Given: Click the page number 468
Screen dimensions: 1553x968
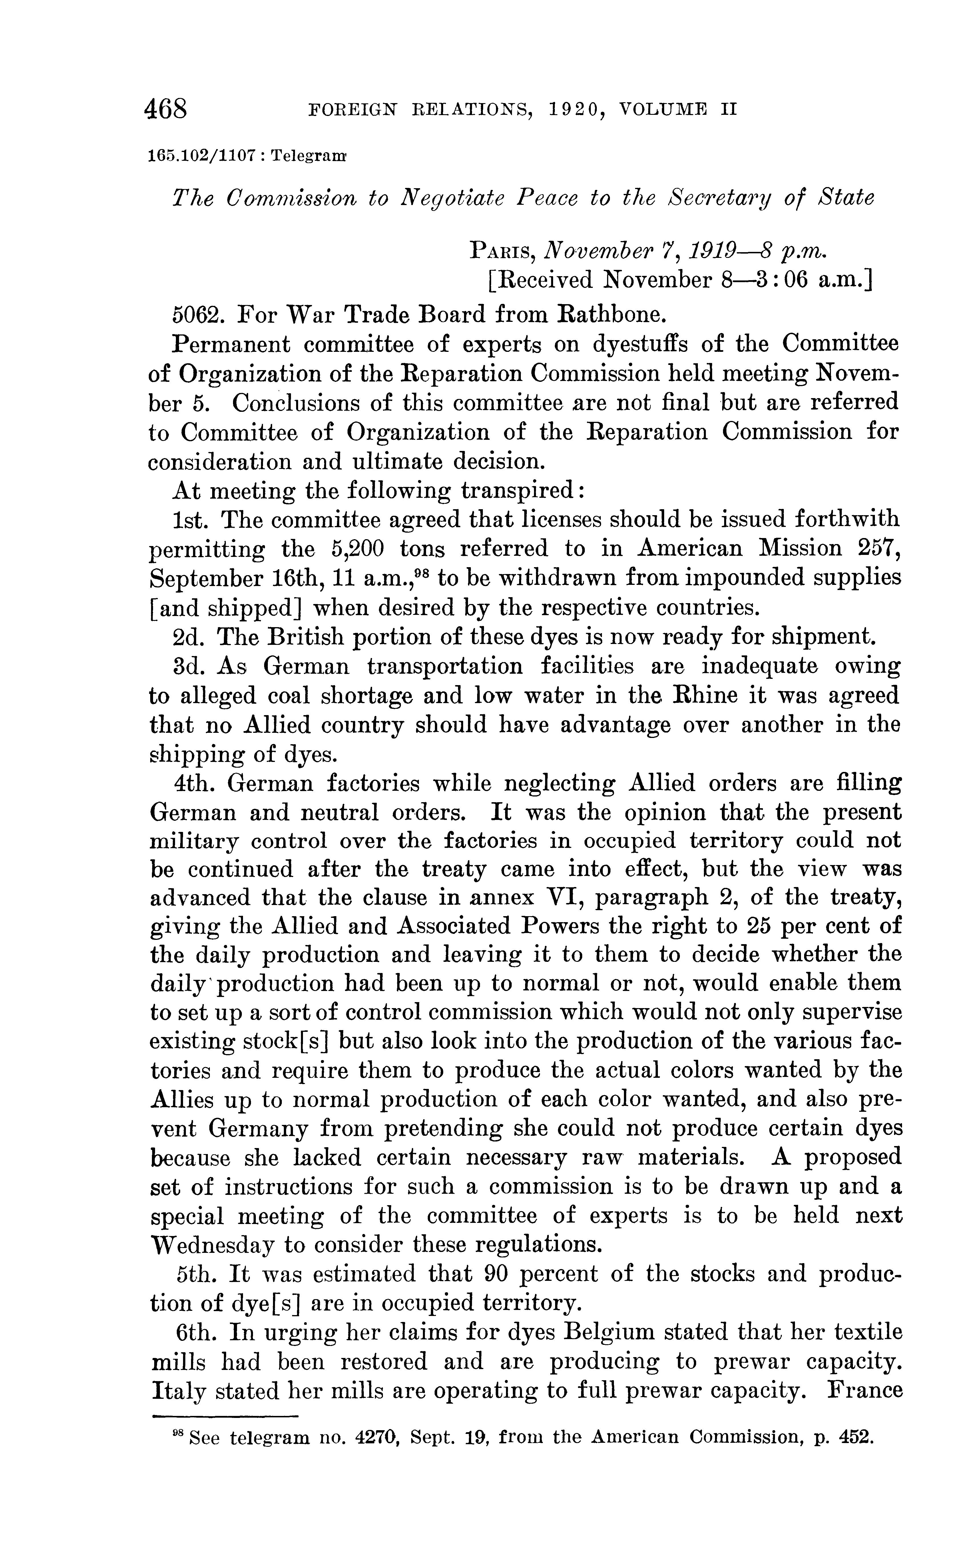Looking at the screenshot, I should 166,109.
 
